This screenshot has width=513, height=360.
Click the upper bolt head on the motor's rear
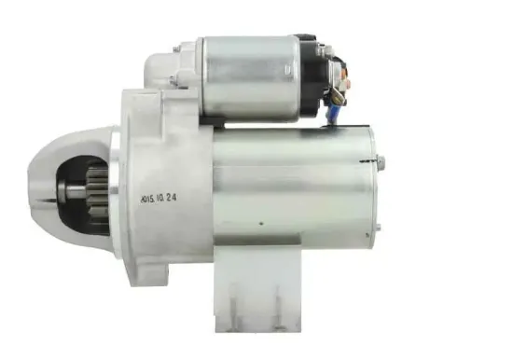tap(381, 160)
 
